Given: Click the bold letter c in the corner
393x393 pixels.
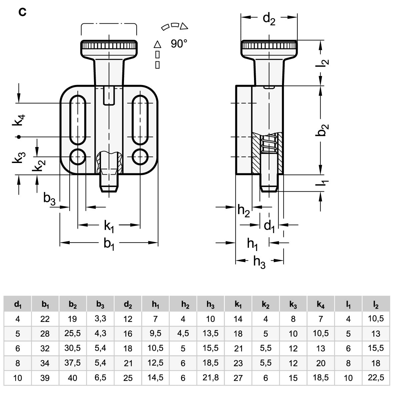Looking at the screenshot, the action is [x=22, y=12].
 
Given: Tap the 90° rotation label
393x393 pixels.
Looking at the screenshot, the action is [x=179, y=44].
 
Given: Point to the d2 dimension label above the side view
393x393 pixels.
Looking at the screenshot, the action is [x=269, y=19].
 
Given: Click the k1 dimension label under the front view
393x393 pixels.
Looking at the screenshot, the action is [x=109, y=226].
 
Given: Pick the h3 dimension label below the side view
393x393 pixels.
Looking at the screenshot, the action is [x=259, y=262].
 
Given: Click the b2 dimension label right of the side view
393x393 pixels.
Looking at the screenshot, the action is [x=322, y=130].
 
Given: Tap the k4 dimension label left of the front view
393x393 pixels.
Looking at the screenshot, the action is [x=19, y=120].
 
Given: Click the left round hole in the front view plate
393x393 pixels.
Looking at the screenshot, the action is [x=78, y=157].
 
